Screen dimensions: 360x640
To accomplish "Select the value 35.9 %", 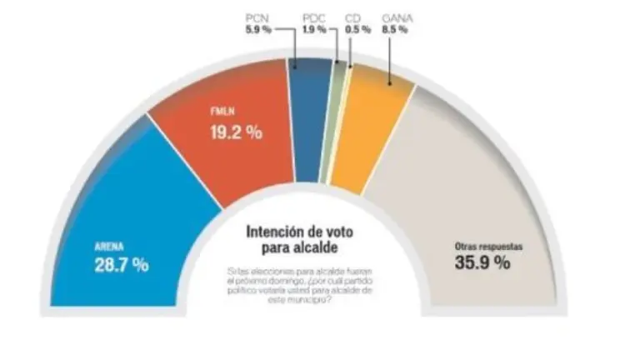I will tap(482, 263).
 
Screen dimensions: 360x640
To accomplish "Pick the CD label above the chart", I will tap(354, 17).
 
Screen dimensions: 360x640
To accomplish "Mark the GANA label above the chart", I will tap(394, 17).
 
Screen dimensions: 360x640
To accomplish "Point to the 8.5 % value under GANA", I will tap(394, 29).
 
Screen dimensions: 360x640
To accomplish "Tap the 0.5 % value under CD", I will tap(354, 29).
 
